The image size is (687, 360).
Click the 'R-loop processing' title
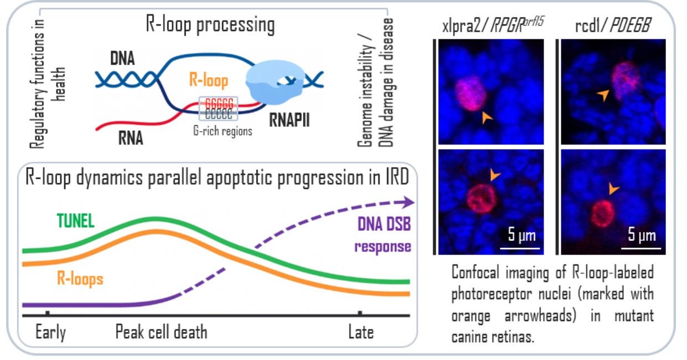(x=210, y=25)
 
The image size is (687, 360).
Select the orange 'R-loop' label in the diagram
(x=208, y=81)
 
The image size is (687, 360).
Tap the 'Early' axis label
(x=50, y=332)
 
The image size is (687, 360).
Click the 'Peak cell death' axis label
(x=161, y=332)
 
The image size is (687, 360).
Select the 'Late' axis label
(x=361, y=332)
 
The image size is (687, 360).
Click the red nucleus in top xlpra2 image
(x=471, y=94)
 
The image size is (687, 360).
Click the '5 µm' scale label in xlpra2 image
(x=521, y=236)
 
